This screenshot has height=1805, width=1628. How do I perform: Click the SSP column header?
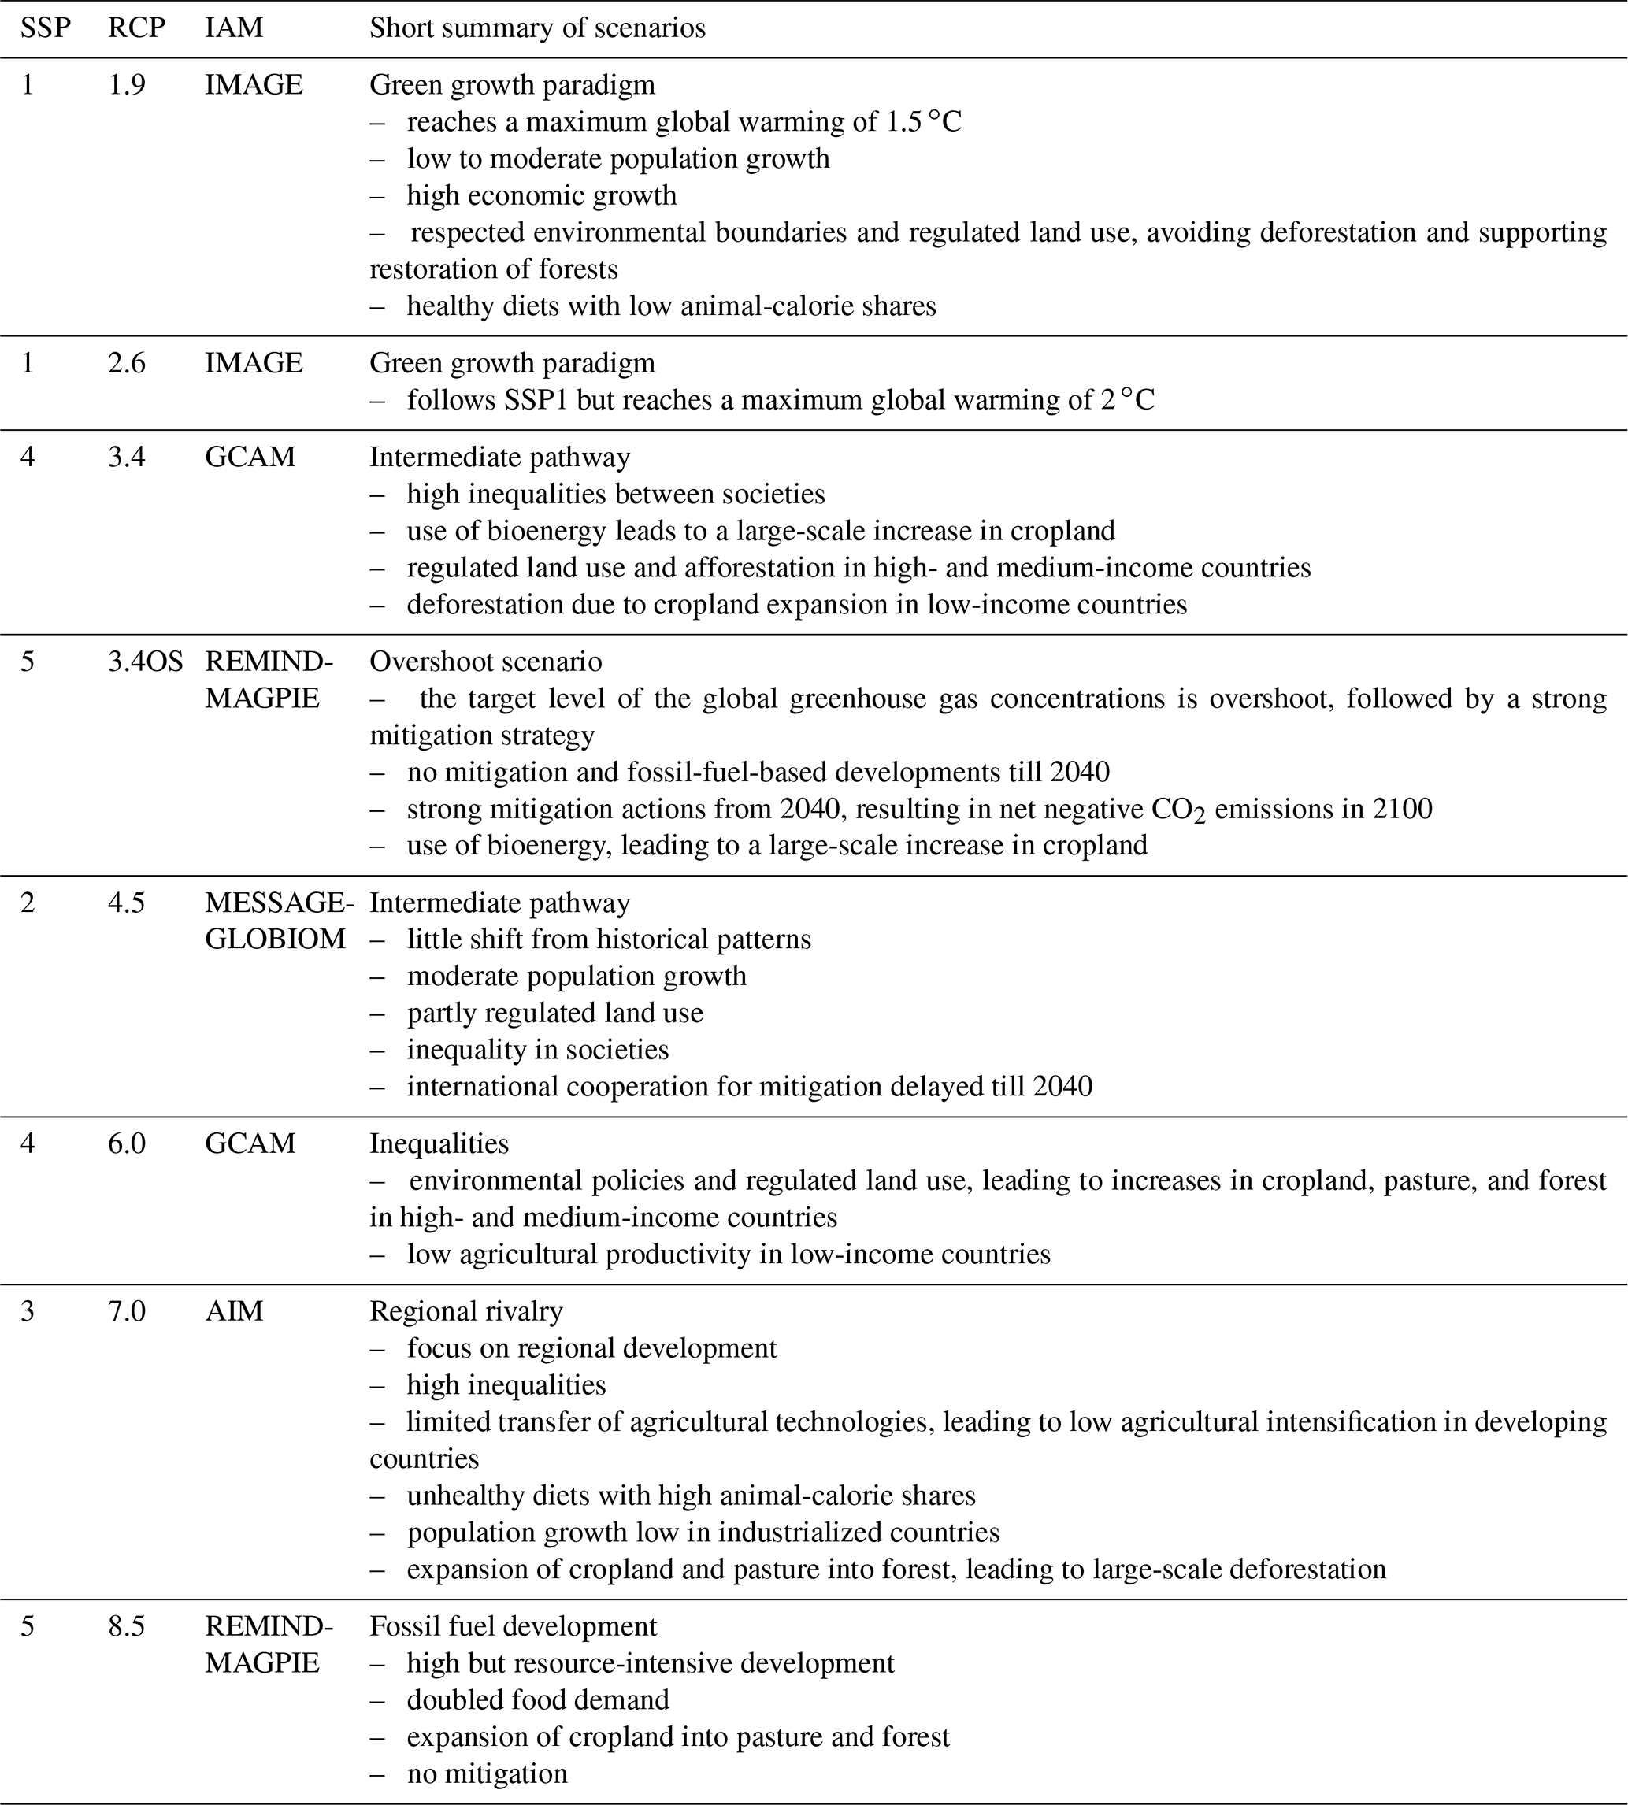tap(45, 28)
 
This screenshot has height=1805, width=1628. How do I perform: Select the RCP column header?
tap(136, 28)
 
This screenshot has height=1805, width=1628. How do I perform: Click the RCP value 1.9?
tap(126, 84)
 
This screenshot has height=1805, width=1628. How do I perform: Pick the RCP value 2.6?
tap(126, 362)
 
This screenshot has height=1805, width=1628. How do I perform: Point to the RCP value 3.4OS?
tap(145, 661)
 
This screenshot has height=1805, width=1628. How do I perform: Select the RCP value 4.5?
tap(126, 902)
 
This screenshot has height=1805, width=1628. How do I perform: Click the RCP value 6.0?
tap(126, 1143)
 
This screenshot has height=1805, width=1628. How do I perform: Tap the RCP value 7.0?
tap(126, 1311)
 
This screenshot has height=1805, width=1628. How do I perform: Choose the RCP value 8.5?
tap(126, 1626)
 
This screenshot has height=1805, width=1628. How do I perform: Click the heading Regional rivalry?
tap(466, 1311)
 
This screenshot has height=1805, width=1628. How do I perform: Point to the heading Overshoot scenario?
tap(486, 661)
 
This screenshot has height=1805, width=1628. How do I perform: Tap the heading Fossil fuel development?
tap(513, 1626)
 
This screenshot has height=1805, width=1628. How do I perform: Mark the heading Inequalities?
tap(439, 1143)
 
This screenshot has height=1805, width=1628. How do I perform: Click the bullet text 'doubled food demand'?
tap(538, 1699)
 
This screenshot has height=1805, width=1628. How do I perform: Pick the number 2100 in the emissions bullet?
tap(1401, 809)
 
